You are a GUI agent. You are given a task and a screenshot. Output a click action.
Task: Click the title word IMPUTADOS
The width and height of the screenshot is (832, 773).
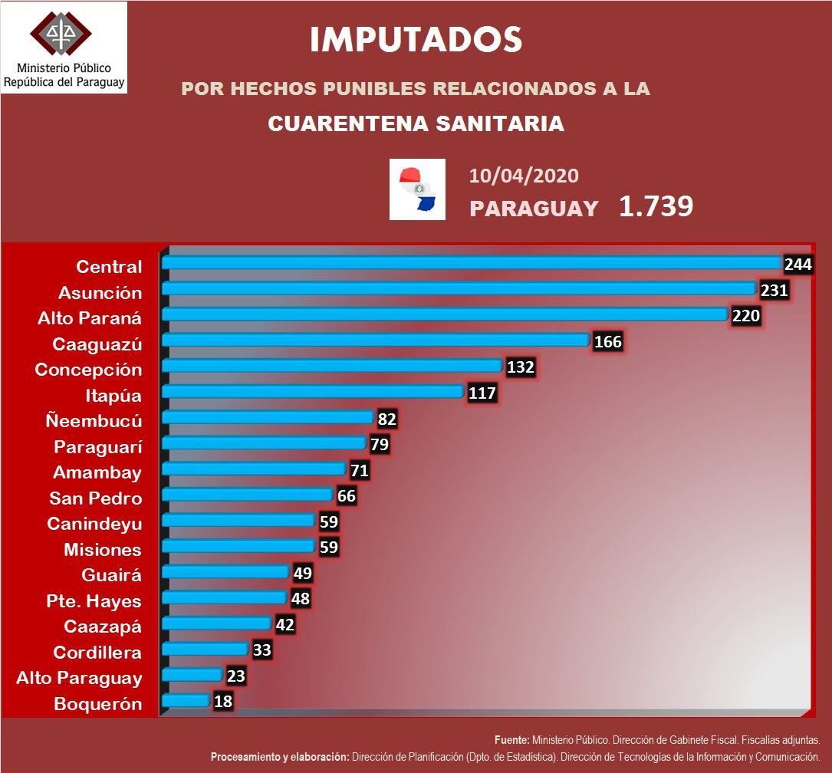point(416,40)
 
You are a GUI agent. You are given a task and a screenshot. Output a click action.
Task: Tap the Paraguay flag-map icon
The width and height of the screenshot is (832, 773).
point(417,189)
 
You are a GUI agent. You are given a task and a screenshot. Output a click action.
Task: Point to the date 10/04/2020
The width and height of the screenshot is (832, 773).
point(524,176)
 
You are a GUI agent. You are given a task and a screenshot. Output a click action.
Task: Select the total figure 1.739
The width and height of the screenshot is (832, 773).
point(656,206)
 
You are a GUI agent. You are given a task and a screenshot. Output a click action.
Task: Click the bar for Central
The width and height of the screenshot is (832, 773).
point(471,263)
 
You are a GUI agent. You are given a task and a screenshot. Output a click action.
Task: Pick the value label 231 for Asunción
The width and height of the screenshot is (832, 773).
point(774,290)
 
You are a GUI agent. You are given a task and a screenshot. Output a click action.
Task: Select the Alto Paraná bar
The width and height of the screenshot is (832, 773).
point(444,314)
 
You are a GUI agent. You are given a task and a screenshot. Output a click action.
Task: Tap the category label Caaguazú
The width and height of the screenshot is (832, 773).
point(97,344)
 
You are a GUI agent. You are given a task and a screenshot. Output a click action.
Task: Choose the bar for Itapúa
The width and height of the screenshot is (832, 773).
point(314,392)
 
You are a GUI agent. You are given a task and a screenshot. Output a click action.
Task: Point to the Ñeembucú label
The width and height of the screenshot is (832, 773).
point(94,420)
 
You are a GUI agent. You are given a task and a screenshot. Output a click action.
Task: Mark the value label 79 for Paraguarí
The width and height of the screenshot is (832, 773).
point(379,444)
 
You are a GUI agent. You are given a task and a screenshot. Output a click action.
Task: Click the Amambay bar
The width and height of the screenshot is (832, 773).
point(254,469)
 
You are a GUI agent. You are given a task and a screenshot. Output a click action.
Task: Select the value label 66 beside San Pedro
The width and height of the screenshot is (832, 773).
point(347,495)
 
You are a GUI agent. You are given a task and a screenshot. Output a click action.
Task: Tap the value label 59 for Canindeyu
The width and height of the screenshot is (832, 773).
point(328,521)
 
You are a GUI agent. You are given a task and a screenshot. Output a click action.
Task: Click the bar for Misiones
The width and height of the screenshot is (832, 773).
point(238,546)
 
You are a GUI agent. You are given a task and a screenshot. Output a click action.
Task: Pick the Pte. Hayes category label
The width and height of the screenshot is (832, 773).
point(94,600)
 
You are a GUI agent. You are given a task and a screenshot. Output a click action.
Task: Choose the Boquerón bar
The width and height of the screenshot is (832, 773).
point(186,700)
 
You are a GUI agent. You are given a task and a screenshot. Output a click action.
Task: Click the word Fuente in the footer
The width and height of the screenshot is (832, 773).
point(511,741)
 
